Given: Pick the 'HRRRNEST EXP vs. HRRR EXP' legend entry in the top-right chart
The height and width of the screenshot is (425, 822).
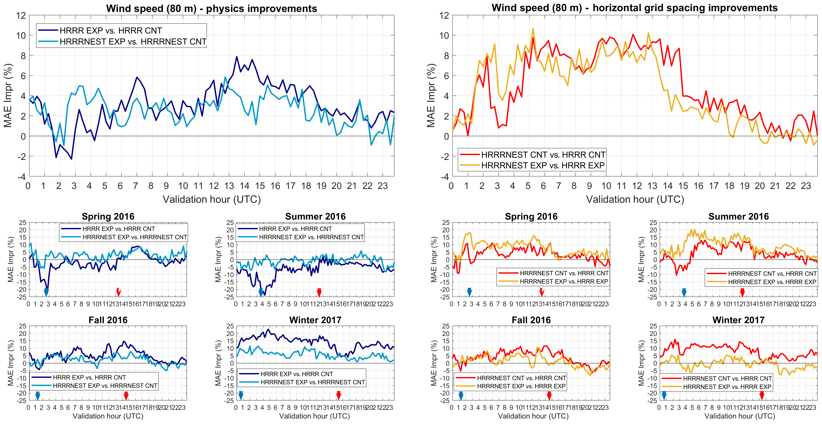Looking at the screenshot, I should [543, 165].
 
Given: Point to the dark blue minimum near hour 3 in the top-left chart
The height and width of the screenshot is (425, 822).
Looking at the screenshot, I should [72, 159].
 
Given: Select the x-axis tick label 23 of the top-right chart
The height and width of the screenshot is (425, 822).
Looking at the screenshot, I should [806, 186].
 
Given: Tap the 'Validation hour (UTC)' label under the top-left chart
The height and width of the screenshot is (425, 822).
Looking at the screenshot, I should [212, 200].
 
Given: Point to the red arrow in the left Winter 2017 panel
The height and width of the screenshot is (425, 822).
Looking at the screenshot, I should [339, 395].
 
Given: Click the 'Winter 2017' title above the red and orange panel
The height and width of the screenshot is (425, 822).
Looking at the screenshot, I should [738, 320].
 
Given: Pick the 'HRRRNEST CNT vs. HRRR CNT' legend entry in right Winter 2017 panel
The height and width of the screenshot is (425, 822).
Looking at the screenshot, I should [727, 378].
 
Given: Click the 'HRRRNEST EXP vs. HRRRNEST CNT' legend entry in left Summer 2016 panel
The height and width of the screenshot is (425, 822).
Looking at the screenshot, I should [311, 237].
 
